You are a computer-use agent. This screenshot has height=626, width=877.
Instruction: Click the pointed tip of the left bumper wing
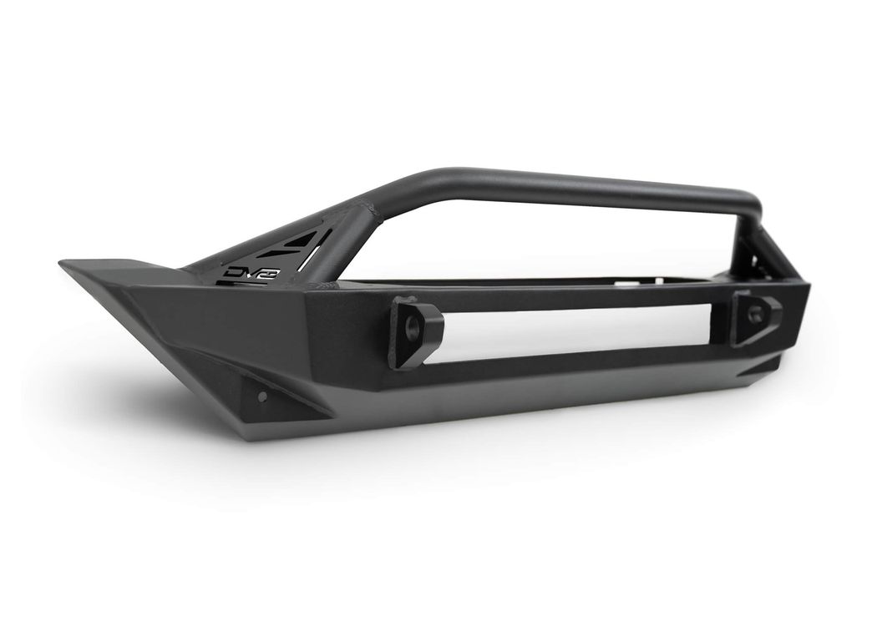point(60,262)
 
